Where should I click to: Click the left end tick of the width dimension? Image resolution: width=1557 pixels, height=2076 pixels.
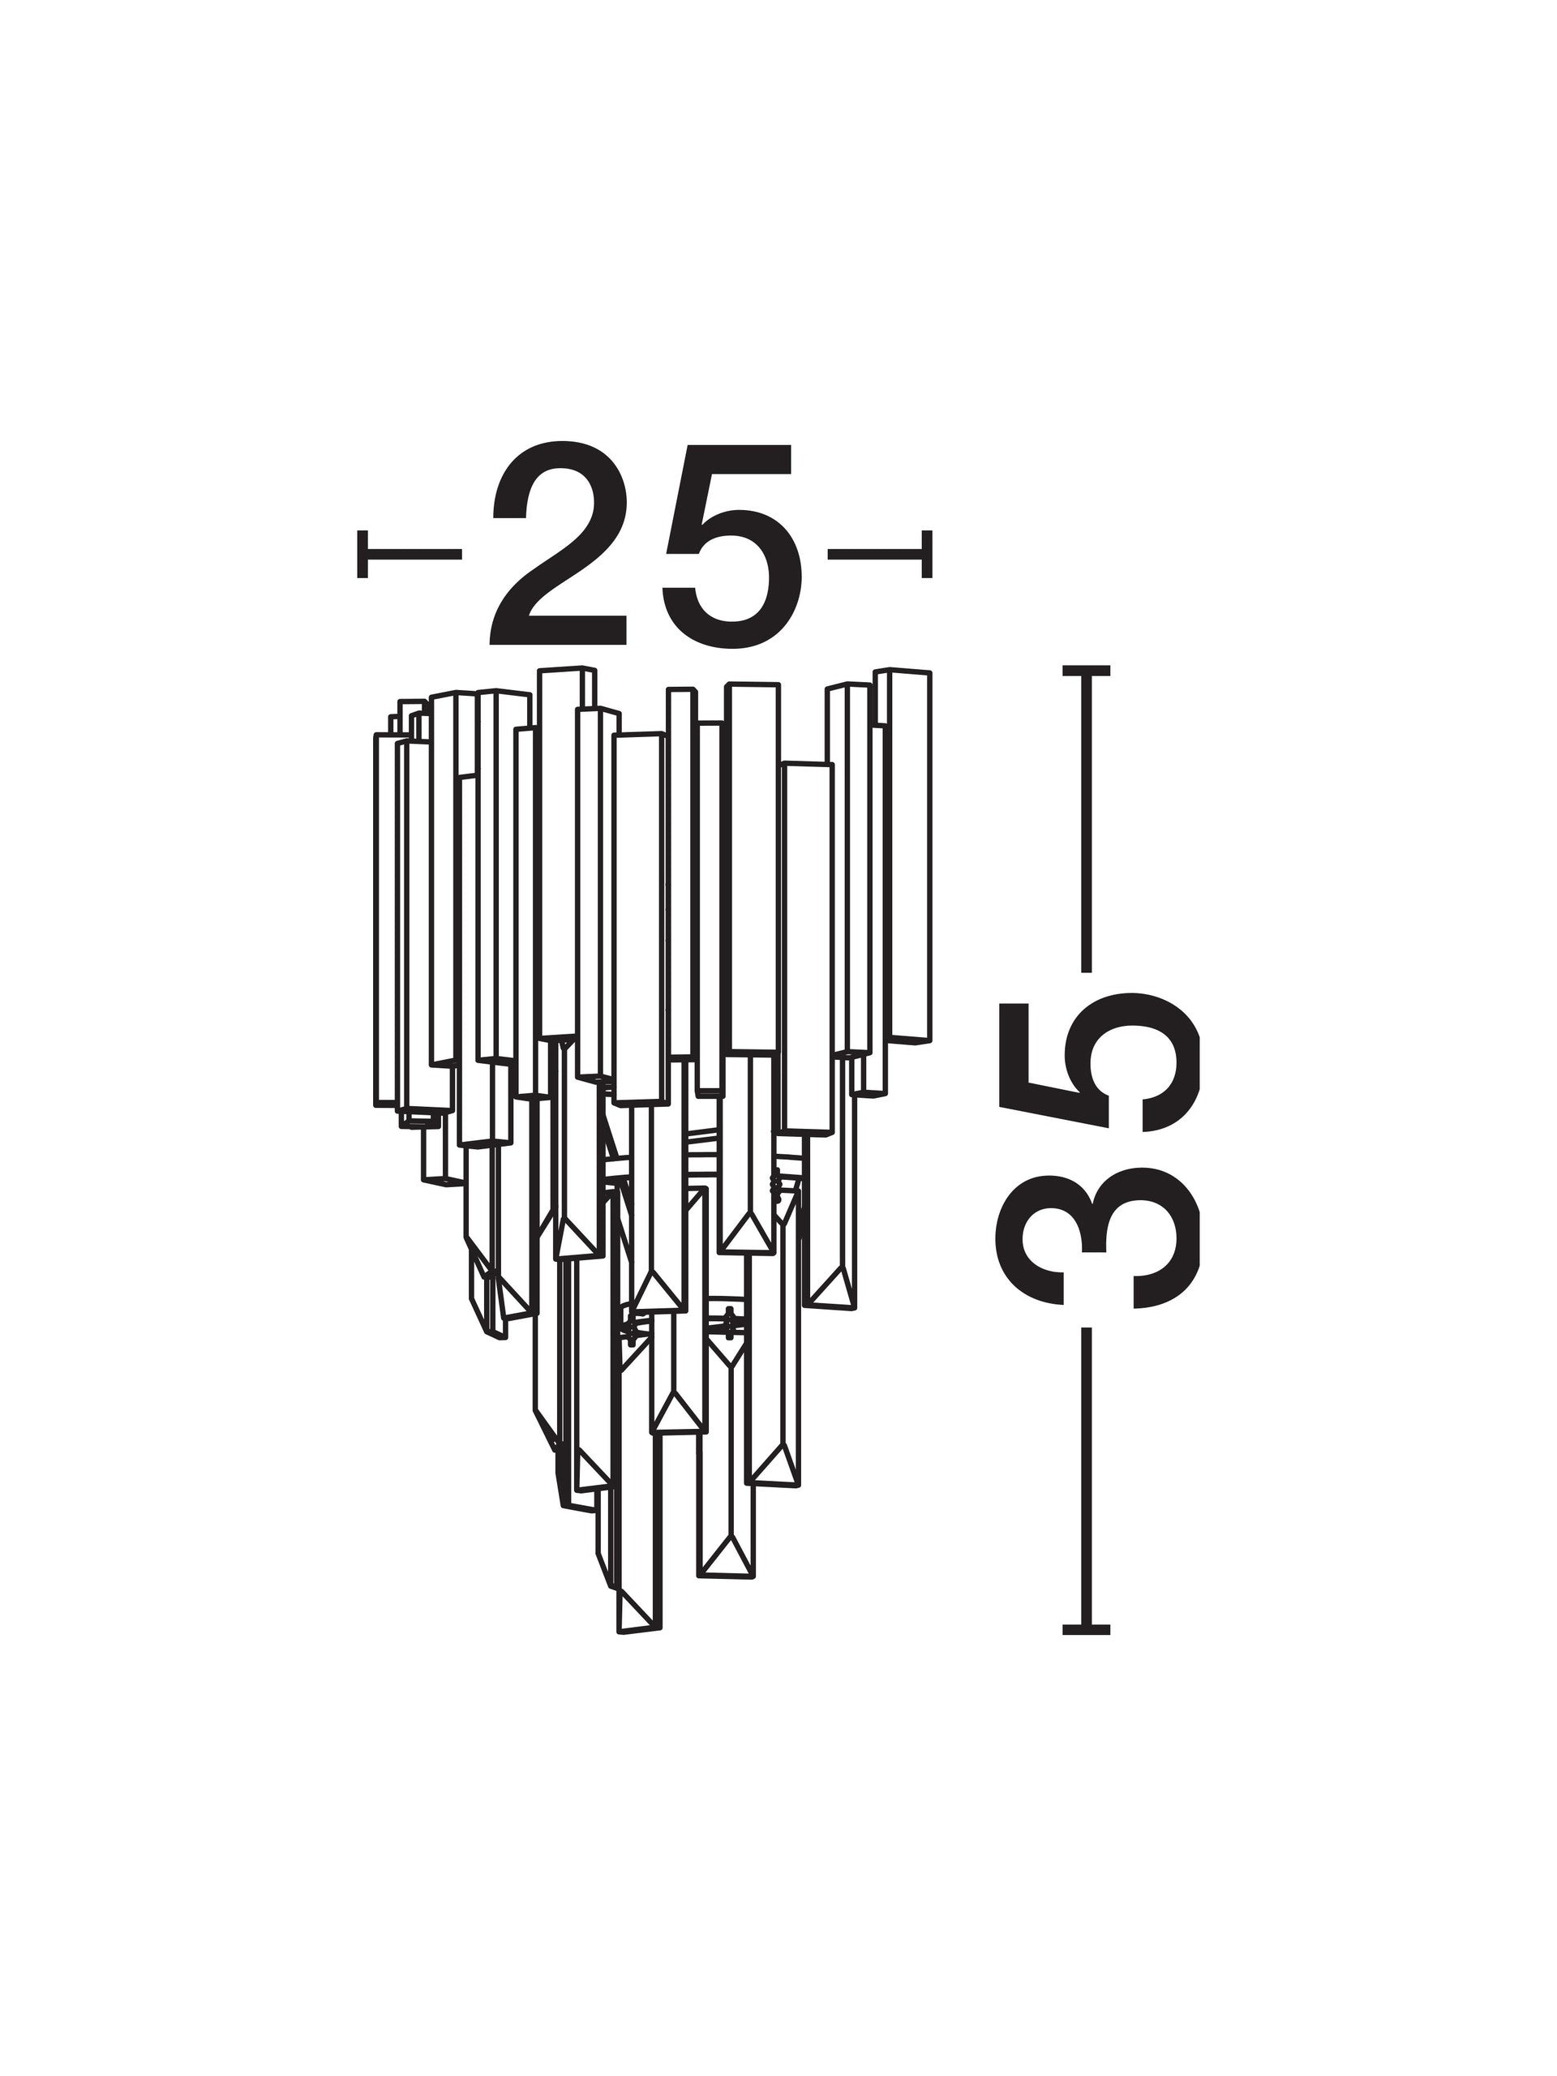362,554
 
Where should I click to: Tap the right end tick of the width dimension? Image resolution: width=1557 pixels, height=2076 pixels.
927,554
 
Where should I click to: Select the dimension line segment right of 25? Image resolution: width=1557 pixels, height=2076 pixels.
877,554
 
